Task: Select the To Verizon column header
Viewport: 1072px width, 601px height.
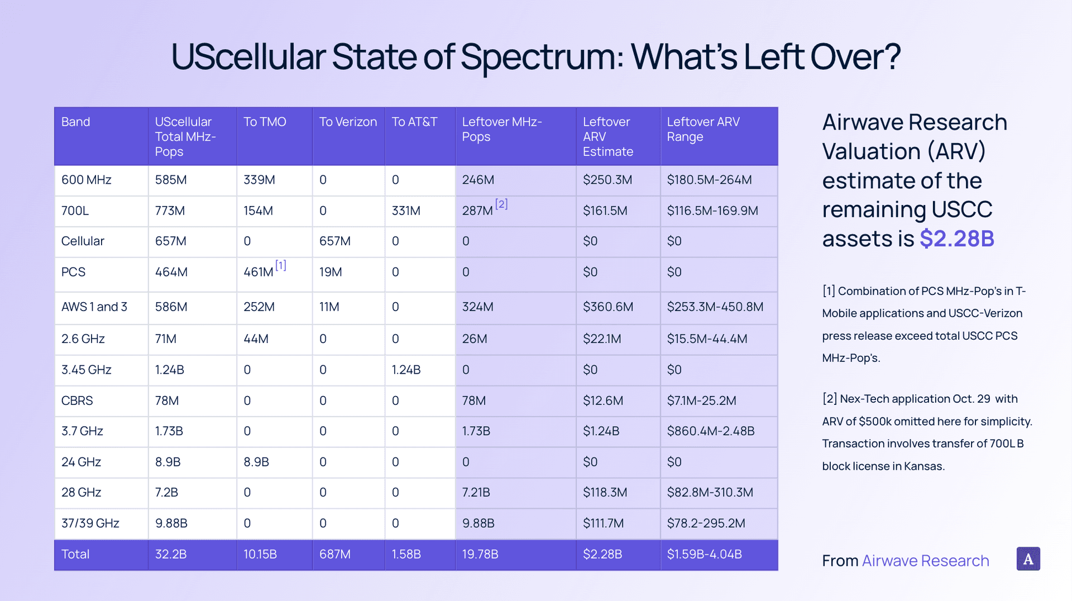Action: point(348,122)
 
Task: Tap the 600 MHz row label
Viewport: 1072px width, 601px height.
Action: point(86,180)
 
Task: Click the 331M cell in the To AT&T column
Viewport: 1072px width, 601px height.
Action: point(406,211)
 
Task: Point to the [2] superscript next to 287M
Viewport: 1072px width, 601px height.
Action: point(501,204)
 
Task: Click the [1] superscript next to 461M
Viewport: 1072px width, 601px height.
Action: point(280,265)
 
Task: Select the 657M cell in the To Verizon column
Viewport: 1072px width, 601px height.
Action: point(335,241)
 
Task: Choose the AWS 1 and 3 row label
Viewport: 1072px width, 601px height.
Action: point(94,307)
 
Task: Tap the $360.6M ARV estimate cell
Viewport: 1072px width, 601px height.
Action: point(608,307)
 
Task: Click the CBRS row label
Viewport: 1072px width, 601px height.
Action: point(77,400)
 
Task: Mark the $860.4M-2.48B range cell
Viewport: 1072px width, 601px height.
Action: point(711,431)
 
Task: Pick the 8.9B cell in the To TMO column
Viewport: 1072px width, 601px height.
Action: point(256,462)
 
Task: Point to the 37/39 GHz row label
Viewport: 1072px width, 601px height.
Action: point(90,523)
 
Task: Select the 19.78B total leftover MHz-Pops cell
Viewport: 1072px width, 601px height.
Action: point(480,554)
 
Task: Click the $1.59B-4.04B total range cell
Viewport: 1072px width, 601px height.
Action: point(705,554)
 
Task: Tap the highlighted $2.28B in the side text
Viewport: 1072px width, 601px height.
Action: point(956,239)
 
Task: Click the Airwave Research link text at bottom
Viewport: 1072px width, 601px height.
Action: point(925,561)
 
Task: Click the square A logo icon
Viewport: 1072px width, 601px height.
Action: point(1028,559)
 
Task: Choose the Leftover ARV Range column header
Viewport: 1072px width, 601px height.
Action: point(703,129)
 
